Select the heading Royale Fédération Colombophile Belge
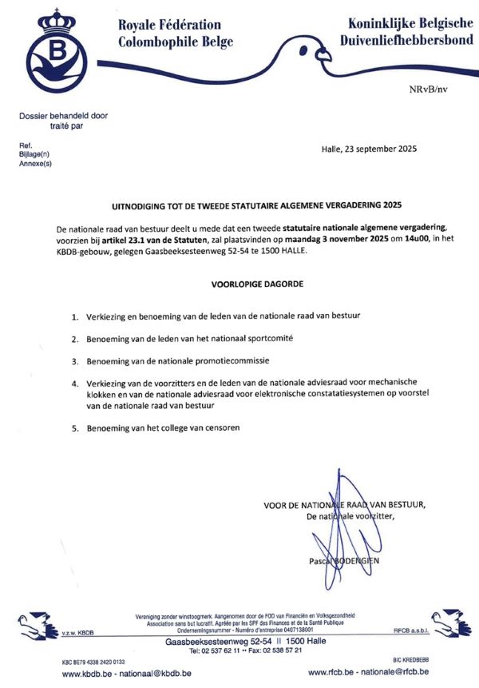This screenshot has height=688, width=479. pos(170,34)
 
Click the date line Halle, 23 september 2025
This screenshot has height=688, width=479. pos(368,149)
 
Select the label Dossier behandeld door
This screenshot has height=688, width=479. pos(64,116)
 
